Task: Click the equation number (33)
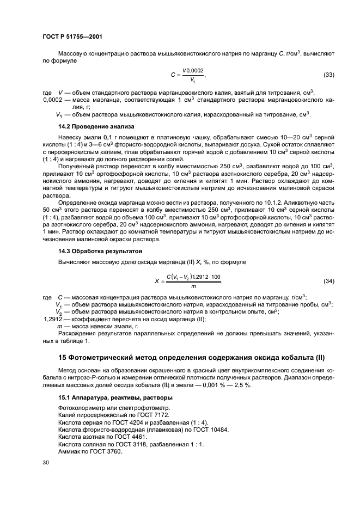pyautogui.click(x=329, y=75)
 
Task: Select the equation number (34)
pyautogui.click(x=329, y=281)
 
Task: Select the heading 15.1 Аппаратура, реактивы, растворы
pyautogui.click(x=115, y=397)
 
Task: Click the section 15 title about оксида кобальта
pyautogui.click(x=191, y=357)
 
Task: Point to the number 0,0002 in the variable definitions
pyautogui.click(x=54, y=100)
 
